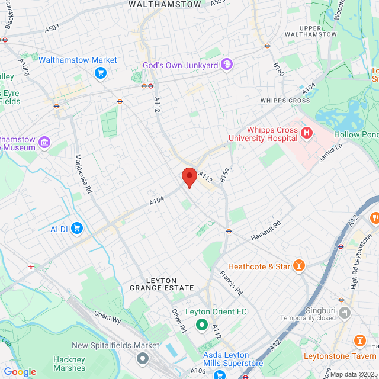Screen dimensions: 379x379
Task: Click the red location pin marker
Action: click(189, 176)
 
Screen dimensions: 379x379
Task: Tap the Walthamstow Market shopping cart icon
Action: click(100, 73)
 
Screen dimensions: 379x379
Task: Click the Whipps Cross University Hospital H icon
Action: click(306, 133)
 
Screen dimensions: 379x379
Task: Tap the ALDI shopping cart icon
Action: click(76, 228)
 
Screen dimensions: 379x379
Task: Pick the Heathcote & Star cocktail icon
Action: click(299, 266)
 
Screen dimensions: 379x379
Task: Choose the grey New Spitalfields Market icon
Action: click(143, 358)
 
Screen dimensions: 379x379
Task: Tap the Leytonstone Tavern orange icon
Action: click(359, 341)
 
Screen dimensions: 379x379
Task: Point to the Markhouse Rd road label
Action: click(83, 175)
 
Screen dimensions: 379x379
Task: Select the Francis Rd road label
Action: click(231, 283)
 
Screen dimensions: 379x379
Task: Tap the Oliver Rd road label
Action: click(179, 320)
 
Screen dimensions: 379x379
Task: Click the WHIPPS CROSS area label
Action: click(285, 101)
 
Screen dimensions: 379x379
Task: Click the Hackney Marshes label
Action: click(70, 364)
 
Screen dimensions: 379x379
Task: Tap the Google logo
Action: click(20, 372)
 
